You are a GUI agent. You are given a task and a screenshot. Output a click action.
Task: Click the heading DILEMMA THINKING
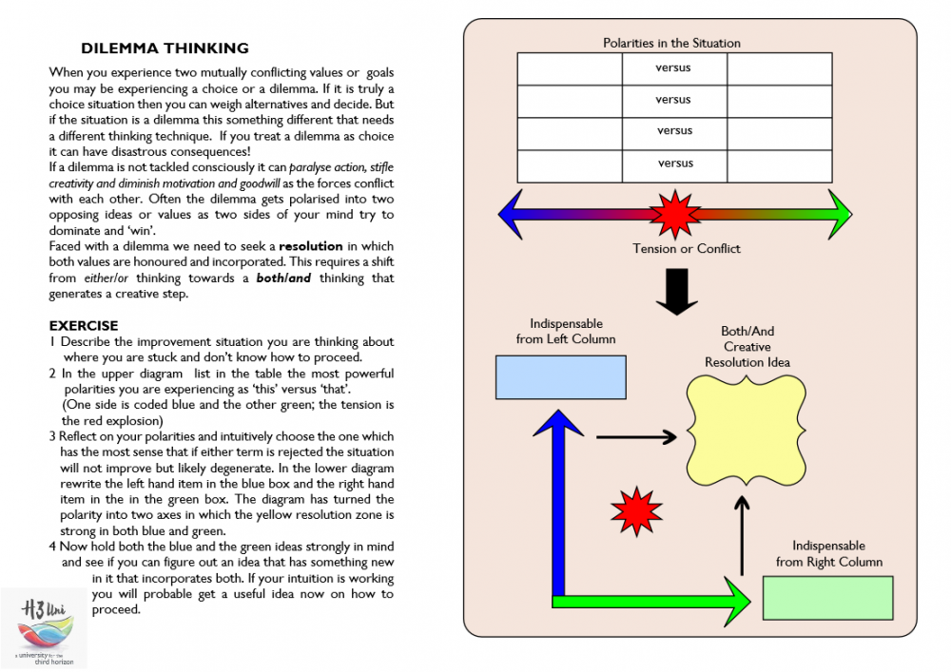click(165, 48)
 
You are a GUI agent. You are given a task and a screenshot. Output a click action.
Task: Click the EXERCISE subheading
click(84, 325)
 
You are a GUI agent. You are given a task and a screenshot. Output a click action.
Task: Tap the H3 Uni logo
click(44, 626)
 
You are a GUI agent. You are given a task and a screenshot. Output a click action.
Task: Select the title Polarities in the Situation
click(671, 43)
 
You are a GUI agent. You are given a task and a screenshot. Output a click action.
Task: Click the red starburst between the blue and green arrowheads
click(674, 214)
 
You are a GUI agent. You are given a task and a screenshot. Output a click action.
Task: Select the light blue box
click(560, 376)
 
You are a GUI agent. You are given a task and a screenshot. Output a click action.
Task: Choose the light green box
click(827, 598)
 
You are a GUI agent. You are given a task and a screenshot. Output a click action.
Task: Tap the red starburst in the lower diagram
click(636, 512)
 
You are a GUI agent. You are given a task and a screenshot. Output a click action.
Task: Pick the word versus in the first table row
click(673, 68)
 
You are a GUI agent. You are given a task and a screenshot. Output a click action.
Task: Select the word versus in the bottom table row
click(675, 163)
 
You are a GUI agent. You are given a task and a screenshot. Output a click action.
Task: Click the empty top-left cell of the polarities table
click(569, 68)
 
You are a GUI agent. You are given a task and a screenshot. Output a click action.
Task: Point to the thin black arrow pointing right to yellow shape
click(635, 437)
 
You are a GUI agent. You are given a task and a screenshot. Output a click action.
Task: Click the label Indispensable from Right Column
click(828, 554)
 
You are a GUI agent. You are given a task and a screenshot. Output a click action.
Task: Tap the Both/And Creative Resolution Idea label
click(747, 347)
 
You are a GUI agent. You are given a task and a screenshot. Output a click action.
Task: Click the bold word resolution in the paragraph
click(310, 246)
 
